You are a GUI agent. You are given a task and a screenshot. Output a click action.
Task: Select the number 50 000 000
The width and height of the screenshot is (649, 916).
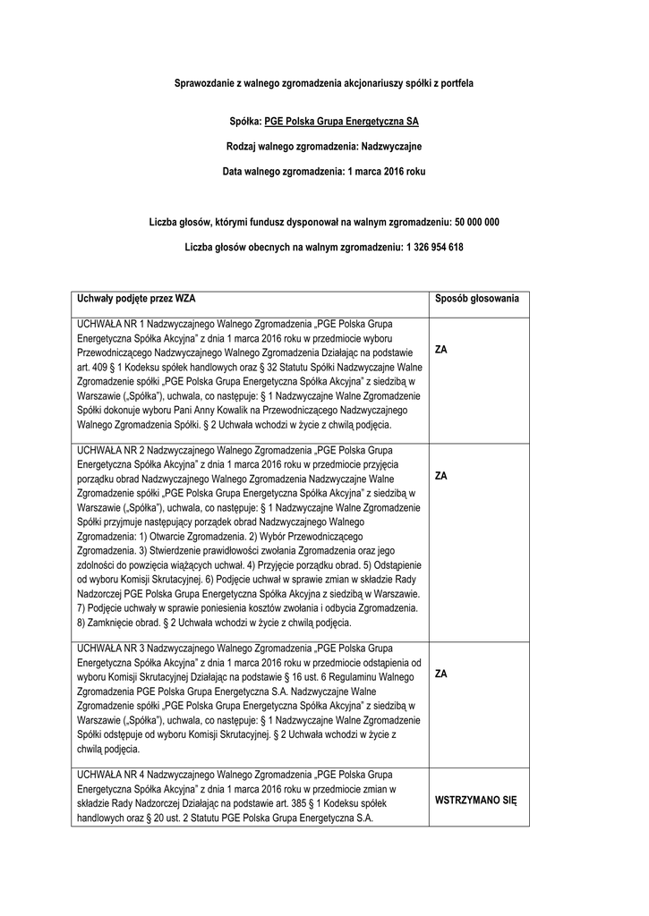(477, 221)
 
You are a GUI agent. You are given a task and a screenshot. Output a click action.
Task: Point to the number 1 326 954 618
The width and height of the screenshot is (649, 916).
(434, 247)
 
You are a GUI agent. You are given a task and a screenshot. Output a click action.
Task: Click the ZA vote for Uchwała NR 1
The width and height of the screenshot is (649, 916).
(440, 350)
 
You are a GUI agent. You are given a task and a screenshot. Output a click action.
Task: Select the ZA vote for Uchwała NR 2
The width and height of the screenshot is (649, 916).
(440, 476)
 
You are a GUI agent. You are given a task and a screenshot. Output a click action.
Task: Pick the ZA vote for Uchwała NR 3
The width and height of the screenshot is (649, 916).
(440, 673)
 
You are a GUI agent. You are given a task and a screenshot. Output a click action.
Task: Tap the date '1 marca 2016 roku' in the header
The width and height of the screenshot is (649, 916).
(389, 170)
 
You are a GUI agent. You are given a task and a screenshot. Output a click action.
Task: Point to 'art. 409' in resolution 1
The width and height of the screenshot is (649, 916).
(95, 366)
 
